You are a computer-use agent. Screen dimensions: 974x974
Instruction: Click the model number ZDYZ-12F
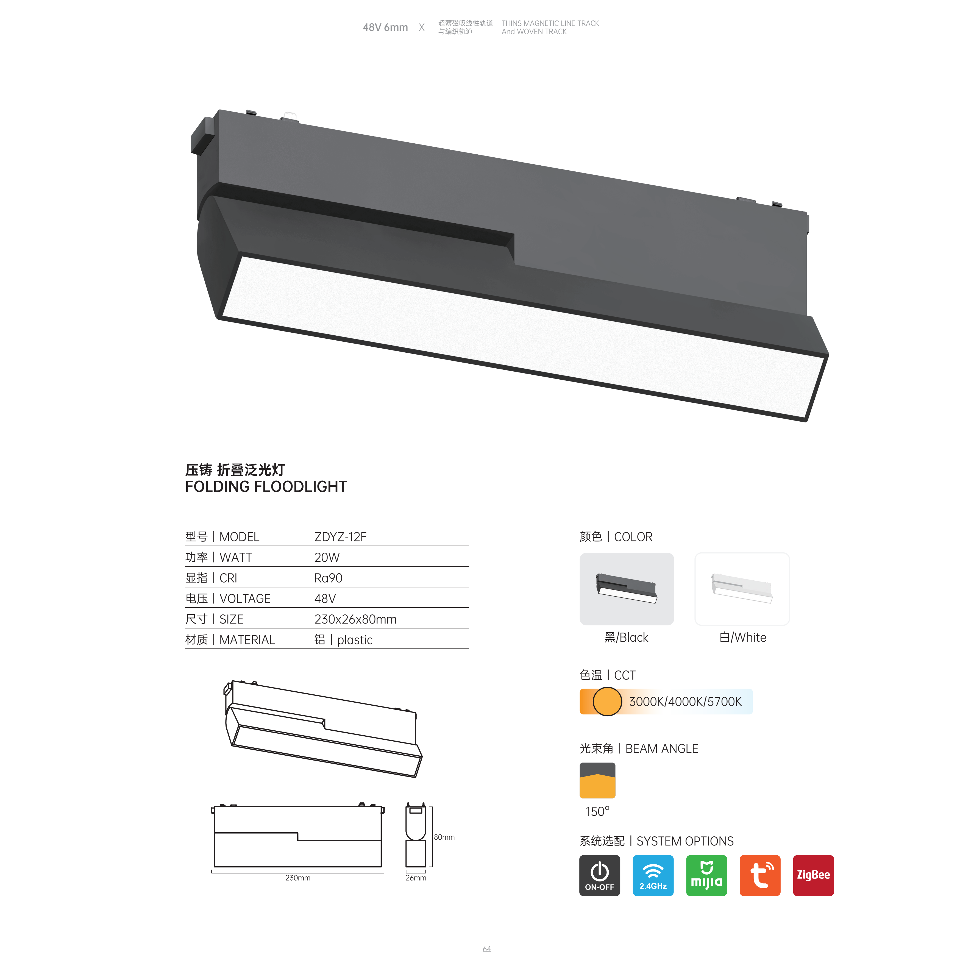point(340,537)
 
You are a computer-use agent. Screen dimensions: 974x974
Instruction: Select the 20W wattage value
point(327,558)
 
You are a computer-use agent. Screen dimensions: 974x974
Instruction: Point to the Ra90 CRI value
point(328,578)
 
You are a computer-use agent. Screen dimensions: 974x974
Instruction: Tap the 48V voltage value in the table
point(325,599)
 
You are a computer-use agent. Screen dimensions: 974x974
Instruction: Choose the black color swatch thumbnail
point(627,589)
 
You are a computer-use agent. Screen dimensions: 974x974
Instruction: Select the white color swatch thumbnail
point(742,589)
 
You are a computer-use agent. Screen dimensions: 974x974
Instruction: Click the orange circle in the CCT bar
point(607,701)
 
